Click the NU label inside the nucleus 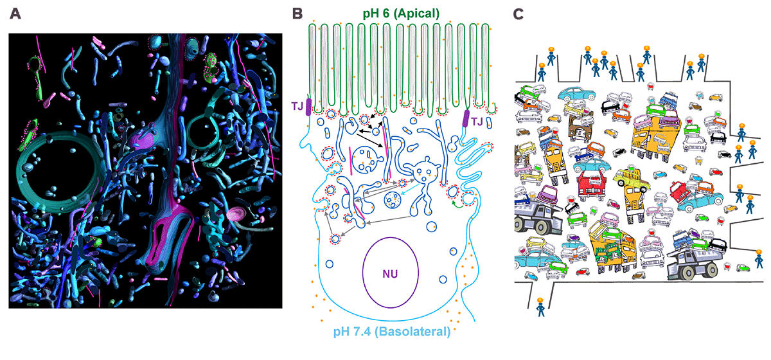[x=390, y=273]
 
